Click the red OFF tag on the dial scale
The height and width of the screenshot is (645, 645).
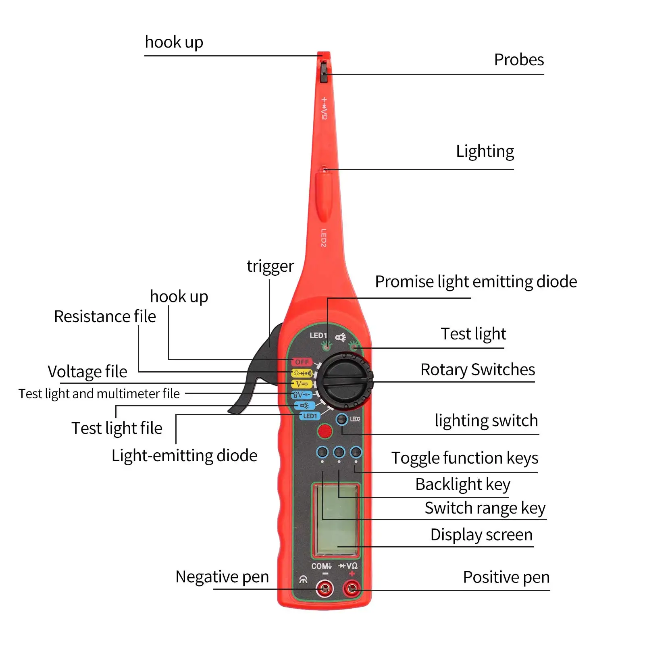click(302, 362)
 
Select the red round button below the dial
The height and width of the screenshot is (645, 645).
click(325, 431)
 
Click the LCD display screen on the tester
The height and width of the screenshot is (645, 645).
click(335, 520)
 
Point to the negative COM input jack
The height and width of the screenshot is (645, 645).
click(325, 589)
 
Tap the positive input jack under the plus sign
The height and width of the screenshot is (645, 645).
click(352, 589)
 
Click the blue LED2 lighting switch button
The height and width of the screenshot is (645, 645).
click(342, 419)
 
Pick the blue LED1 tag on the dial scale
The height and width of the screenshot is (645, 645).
click(310, 416)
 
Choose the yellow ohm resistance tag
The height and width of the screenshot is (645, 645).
click(302, 373)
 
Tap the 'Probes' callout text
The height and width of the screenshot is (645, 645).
click(519, 60)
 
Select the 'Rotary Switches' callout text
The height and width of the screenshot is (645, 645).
click(478, 369)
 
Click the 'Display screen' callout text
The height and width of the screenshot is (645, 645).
click(481, 535)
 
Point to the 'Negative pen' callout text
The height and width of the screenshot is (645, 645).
click(222, 576)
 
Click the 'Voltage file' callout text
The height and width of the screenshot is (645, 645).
click(87, 371)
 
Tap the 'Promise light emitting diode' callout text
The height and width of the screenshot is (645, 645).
click(476, 281)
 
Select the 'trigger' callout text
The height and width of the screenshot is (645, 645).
click(270, 266)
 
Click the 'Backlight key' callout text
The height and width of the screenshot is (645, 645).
click(463, 484)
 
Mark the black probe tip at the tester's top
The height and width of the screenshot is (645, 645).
click(323, 72)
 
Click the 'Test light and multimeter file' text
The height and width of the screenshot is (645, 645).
click(99, 393)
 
